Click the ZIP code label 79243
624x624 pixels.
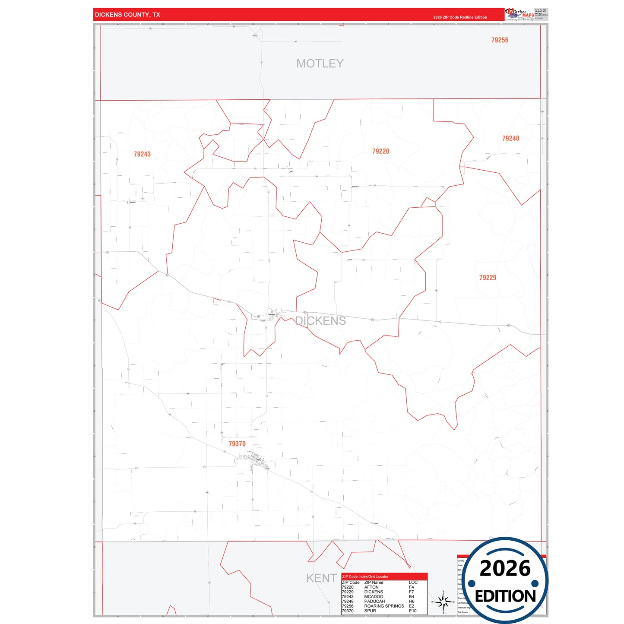click(142, 154)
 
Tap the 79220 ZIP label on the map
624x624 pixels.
click(380, 151)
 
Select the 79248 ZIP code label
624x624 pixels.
click(510, 138)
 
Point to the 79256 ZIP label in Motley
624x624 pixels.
click(500, 40)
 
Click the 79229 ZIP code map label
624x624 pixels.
click(488, 278)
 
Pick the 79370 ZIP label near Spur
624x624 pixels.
click(237, 443)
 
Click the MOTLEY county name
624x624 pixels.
click(320, 63)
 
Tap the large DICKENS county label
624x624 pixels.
click(320, 321)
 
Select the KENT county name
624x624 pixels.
click(321, 578)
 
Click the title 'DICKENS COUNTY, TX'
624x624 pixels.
click(127, 15)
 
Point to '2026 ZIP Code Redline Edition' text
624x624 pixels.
click(460, 17)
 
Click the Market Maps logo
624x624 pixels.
click(519, 14)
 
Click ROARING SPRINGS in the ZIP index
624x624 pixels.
click(384, 606)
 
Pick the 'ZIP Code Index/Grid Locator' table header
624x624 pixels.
click(365, 576)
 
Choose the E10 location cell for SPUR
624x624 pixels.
click(412, 611)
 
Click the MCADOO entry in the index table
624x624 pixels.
click(374, 597)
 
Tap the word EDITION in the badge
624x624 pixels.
click(505, 596)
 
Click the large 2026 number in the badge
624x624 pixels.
click(505, 568)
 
